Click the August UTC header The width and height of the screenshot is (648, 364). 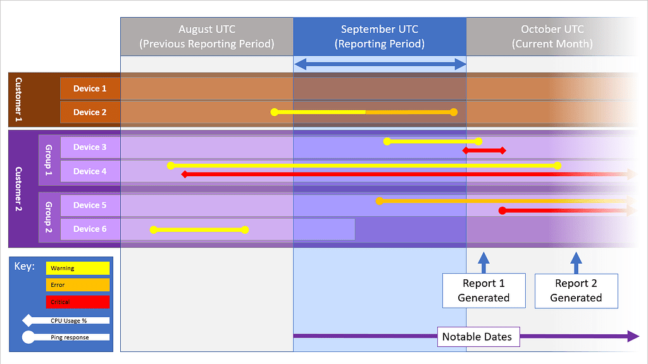[207, 37]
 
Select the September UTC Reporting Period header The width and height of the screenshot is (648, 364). [380, 37]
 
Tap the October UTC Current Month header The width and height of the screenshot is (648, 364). [552, 37]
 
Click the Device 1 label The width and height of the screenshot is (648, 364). [90, 88]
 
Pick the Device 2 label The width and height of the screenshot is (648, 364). [90, 112]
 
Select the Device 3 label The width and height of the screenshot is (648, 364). [90, 147]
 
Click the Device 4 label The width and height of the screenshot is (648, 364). [90, 171]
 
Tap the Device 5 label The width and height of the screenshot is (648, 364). [90, 205]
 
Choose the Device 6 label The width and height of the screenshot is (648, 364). [90, 229]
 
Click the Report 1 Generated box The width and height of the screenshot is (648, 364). [483, 291]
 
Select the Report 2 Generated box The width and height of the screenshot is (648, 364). [576, 291]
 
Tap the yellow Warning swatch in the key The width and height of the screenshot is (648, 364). [77, 268]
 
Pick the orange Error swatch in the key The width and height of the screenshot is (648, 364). [77, 285]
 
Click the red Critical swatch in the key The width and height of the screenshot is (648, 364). [77, 302]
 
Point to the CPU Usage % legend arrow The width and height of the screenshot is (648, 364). [66, 320]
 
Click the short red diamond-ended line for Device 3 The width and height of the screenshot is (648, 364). [484, 150]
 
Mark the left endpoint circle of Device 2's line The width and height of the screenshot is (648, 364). [274, 112]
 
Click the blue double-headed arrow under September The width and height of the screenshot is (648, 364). [380, 64]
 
